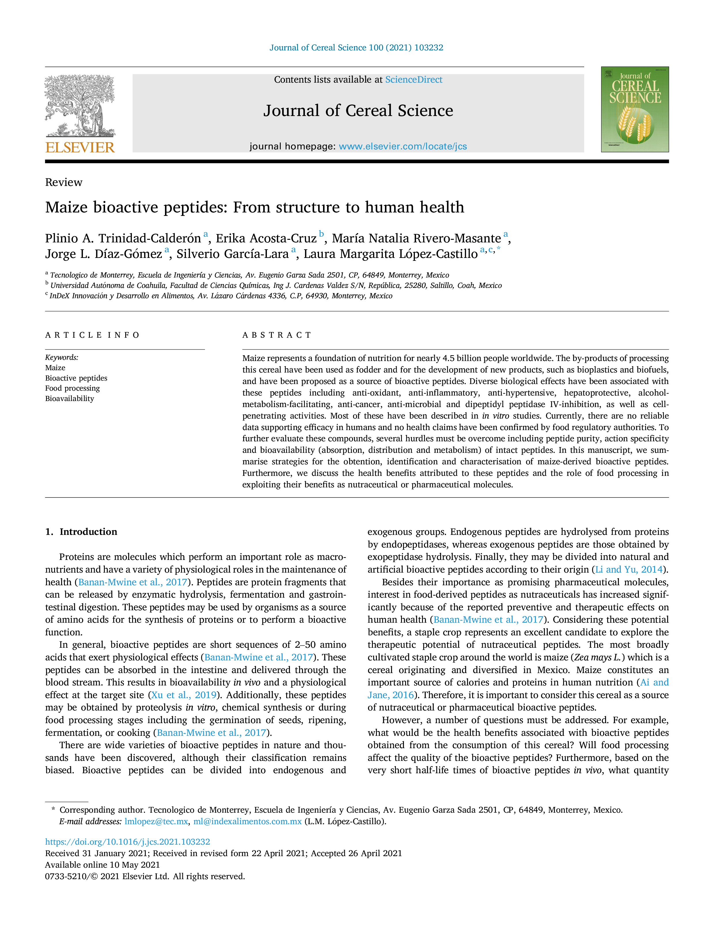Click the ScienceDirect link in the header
coord(414,80)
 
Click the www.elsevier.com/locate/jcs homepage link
coord(403,146)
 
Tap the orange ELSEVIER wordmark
coord(80,148)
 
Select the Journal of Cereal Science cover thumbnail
coord(635,109)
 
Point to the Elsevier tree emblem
coord(80,105)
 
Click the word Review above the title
coord(64,183)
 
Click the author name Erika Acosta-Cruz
coord(266,238)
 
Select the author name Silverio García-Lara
coord(232,254)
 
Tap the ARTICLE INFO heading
coord(92,335)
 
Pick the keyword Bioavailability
coord(70,398)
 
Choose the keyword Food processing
coord(72,388)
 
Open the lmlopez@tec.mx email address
coord(156,821)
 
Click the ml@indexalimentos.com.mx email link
coord(248,821)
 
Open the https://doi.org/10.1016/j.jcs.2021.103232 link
coord(128,842)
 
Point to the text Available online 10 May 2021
coord(102,865)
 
